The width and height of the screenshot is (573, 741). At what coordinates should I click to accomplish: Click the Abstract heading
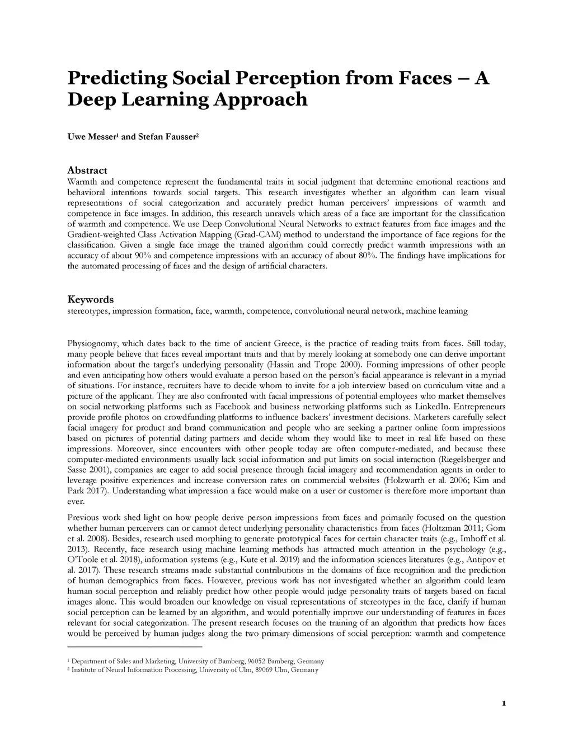87,170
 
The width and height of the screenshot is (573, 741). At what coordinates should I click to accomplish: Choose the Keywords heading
91,299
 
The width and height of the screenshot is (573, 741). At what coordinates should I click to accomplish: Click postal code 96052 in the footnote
257,661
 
